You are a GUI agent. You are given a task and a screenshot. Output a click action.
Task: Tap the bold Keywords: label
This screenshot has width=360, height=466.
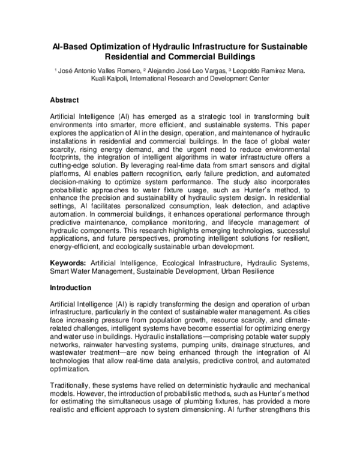(68, 263)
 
